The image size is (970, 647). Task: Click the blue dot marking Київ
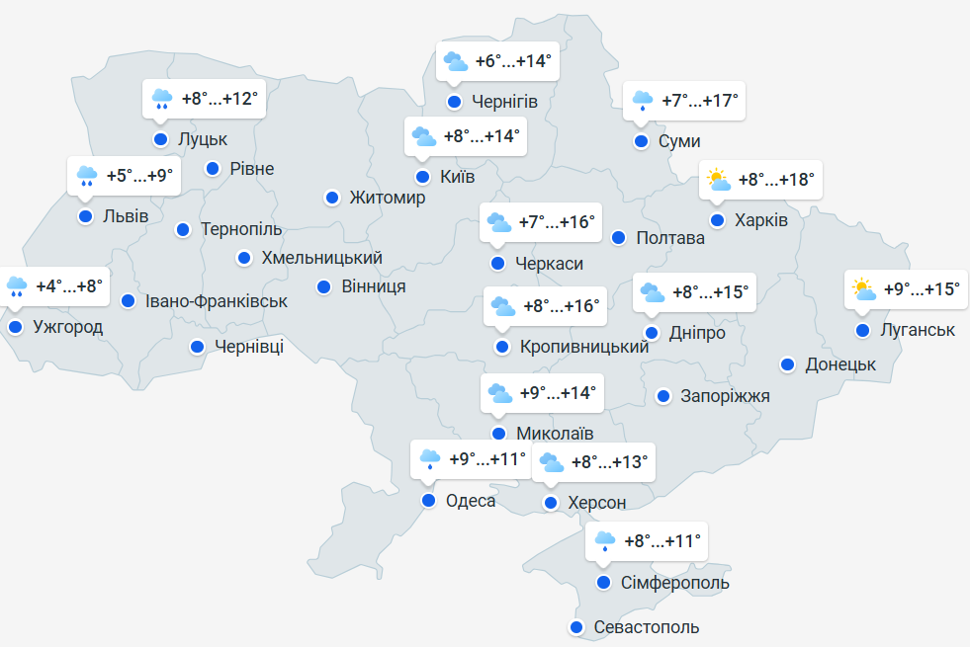[422, 177]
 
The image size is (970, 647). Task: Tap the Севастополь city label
[647, 627]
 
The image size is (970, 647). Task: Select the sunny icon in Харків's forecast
[718, 180]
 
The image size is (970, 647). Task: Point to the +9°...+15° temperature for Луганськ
[921, 289]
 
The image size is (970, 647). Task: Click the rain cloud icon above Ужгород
[17, 286]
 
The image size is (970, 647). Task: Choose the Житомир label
[388, 198]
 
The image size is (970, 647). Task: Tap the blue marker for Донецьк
[787, 364]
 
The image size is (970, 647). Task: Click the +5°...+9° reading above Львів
[139, 176]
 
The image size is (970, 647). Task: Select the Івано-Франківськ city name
[217, 301]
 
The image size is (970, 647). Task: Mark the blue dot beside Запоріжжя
[662, 396]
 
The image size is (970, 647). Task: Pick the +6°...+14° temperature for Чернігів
[512, 61]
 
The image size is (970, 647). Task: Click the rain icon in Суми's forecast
[643, 100]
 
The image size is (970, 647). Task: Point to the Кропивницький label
[584, 347]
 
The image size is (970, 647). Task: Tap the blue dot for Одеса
[428, 501]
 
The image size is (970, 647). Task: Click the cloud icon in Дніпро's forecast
[653, 292]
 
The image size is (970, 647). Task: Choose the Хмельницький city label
[322, 259]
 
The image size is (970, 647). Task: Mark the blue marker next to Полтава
[618, 238]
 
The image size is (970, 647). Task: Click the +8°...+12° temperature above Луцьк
[220, 99]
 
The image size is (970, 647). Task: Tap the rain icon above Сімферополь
[605, 540]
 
